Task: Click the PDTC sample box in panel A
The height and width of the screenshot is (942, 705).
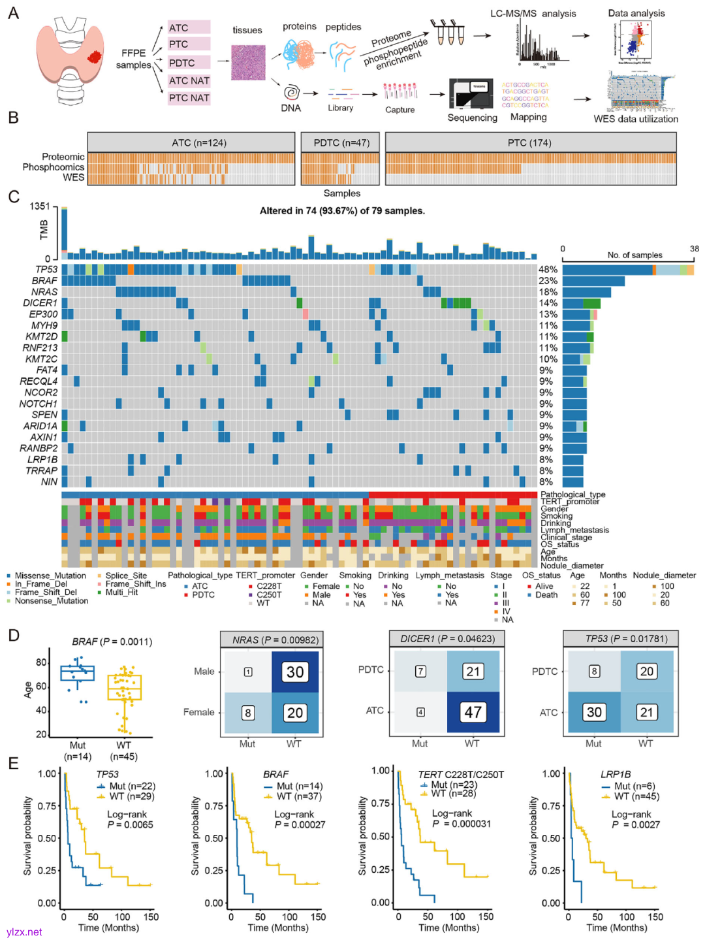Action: (188, 63)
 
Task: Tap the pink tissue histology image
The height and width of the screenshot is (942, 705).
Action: (248, 63)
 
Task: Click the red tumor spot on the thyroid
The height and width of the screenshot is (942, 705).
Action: (95, 57)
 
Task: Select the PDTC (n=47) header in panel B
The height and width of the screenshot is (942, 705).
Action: (341, 142)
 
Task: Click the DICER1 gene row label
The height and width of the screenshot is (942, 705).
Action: (40, 303)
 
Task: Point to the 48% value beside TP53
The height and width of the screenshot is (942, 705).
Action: (548, 270)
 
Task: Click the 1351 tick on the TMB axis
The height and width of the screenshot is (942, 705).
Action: (39, 206)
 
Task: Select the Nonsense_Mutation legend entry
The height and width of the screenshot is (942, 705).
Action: (51, 601)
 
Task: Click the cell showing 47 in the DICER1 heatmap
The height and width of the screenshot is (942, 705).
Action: (473, 711)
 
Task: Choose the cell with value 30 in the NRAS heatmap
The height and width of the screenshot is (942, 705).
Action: (295, 672)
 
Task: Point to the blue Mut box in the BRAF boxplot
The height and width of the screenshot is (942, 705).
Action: (77, 674)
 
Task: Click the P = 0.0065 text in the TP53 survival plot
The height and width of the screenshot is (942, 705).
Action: (130, 825)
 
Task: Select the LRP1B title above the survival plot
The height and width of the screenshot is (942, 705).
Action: (616, 774)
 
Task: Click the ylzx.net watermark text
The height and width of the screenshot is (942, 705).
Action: (24, 932)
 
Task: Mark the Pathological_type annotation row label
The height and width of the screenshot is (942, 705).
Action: (572, 495)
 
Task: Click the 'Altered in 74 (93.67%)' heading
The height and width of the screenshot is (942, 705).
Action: (342, 211)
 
